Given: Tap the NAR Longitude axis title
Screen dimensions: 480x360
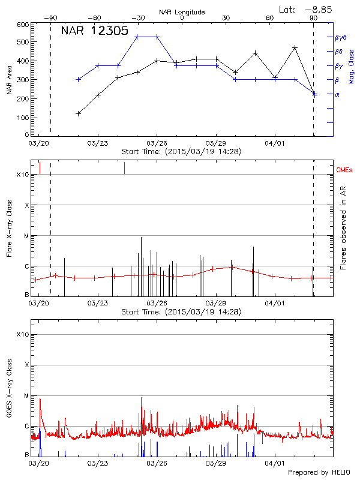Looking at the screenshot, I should [182, 11].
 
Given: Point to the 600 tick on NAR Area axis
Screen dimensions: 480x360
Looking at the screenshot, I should [23, 25].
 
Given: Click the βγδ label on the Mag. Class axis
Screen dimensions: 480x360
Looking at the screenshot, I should [340, 37].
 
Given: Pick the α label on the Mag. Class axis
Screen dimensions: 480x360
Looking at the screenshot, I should [337, 94].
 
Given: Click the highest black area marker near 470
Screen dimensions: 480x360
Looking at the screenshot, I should [295, 47].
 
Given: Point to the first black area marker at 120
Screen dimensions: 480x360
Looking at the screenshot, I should [79, 113].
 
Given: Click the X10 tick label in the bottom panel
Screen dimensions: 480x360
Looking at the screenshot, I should [22, 334].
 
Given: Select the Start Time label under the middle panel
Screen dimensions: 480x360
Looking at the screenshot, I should [181, 311].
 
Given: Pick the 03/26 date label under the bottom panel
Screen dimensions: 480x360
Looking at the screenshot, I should [157, 463].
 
